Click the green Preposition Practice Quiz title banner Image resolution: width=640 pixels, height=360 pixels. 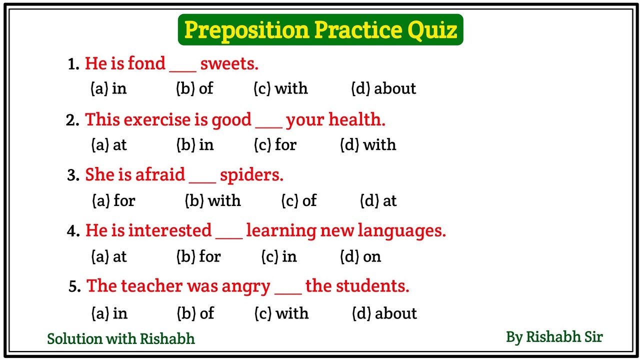320,30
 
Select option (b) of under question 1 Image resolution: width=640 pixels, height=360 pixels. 194,88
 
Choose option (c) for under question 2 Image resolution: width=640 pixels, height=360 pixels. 275,144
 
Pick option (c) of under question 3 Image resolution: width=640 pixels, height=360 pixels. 299,200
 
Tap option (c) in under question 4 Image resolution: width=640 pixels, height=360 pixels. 279,256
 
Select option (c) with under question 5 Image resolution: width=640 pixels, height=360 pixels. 281,313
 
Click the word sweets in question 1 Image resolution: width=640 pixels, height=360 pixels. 229,63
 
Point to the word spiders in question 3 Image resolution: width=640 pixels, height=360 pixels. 251,174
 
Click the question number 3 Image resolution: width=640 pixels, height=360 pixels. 73,175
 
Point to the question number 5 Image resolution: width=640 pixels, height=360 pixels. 74,286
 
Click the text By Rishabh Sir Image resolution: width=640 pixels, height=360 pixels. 554,336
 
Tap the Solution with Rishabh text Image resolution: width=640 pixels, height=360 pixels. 121,338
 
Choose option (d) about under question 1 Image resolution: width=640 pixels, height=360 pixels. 383,88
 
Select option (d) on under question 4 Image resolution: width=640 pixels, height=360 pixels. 360,256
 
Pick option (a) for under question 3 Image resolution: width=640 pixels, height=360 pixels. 113,200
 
